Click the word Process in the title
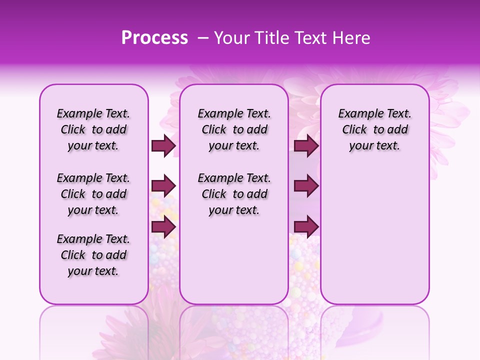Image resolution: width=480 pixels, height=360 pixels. click(154, 38)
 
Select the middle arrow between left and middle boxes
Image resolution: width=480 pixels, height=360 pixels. click(163, 186)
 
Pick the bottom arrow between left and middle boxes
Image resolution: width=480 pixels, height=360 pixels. click(163, 227)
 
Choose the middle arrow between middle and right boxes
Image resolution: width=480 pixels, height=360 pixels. click(306, 186)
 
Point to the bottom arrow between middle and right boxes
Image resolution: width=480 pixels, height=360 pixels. click(306, 227)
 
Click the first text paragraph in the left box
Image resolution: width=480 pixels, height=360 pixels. click(93, 129)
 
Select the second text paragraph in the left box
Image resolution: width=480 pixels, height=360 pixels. click(93, 194)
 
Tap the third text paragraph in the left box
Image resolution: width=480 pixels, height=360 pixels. click(93, 255)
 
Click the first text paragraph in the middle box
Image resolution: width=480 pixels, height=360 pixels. click(234, 129)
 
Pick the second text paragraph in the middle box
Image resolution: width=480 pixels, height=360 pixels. click(234, 194)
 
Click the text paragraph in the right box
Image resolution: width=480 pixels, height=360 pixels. click(374, 129)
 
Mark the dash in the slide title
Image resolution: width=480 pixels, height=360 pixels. click(203, 38)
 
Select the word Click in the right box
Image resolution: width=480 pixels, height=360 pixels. click(355, 130)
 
